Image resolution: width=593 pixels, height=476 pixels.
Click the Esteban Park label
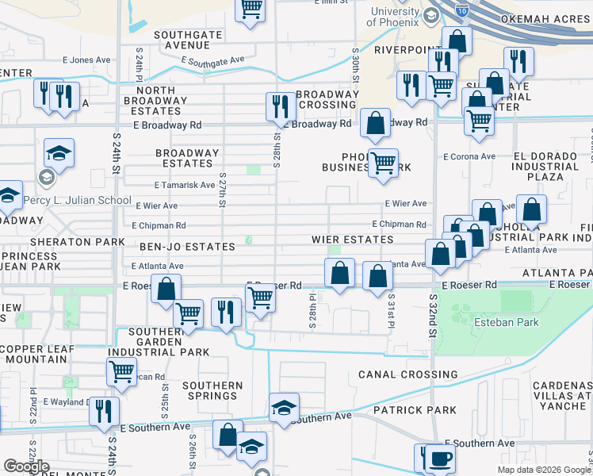[506, 322]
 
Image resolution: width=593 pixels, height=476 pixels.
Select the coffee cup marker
[438, 458]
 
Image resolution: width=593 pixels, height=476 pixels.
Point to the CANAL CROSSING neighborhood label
[407, 374]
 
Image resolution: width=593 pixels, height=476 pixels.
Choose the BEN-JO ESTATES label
[187, 247]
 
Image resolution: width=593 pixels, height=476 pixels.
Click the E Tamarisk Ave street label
[185, 185]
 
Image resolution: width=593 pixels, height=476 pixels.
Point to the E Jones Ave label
[86, 60]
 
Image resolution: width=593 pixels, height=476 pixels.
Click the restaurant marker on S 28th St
[279, 106]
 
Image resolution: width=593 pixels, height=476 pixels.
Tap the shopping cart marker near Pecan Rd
[122, 370]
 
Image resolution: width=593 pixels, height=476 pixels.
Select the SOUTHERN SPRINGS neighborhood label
[212, 391]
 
